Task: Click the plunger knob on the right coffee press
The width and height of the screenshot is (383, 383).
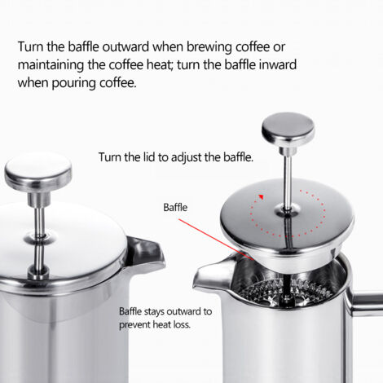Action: [x=288, y=128]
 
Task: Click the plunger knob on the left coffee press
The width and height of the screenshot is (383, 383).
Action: [x=37, y=170]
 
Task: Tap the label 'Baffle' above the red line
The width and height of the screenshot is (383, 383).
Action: [x=176, y=208]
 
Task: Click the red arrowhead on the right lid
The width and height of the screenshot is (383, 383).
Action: [x=262, y=195]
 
